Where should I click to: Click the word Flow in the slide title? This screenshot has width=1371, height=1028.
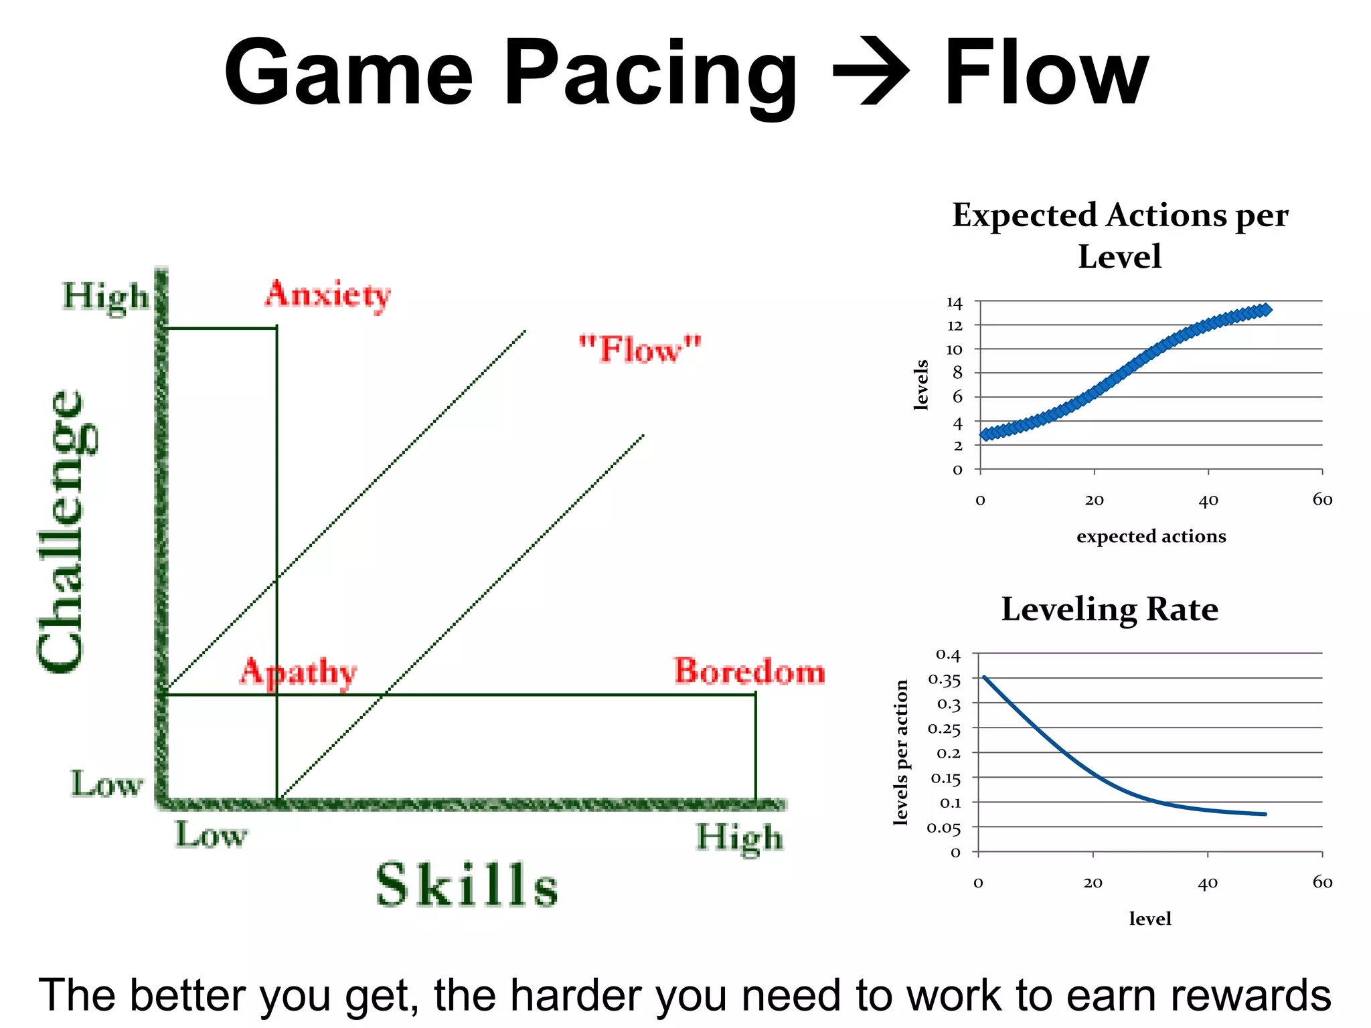coord(1046,72)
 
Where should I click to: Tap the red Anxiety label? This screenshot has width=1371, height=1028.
coord(327,294)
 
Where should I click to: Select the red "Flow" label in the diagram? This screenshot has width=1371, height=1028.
coord(640,349)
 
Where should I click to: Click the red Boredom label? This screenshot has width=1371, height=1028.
coord(749,671)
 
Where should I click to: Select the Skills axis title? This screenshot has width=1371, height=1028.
coord(467,885)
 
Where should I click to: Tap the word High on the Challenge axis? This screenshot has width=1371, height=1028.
coord(105,296)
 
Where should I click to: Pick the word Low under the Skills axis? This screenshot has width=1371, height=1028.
coord(212,835)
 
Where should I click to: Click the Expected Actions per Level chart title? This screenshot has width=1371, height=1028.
coord(1120,236)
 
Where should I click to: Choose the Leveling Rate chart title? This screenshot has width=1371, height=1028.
coord(1109,609)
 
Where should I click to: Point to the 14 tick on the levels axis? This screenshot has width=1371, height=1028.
coord(954,303)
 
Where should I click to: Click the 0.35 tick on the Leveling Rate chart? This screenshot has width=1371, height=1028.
coord(944,680)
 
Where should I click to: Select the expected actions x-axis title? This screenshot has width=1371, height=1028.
coord(1151,536)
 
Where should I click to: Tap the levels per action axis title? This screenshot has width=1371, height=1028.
coord(901,752)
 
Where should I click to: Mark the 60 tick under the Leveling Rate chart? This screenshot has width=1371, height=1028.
coord(1322,882)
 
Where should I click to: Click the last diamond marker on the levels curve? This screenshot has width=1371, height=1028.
coord(1265,310)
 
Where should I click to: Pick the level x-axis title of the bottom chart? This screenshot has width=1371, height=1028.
coord(1150,919)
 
